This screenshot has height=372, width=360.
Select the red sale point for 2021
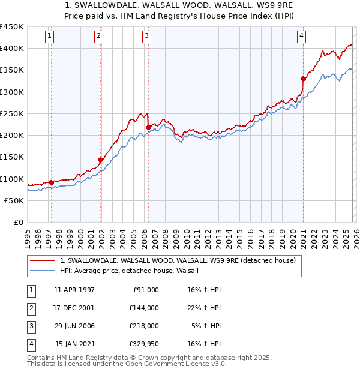pyautogui.click(x=303, y=78)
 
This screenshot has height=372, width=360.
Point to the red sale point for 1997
pyautogui.click(x=51, y=182)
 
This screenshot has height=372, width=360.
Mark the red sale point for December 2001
pyautogui.click(x=100, y=160)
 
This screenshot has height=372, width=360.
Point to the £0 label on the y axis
pyautogui.click(x=19, y=222)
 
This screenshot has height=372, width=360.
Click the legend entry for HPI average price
pyautogui.click(x=133, y=271)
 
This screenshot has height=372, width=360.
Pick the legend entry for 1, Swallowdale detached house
pyautogui.click(x=178, y=260)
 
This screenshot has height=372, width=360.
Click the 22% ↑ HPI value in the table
pyautogui.click(x=205, y=308)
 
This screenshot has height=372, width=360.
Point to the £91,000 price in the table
pyautogui.click(x=144, y=290)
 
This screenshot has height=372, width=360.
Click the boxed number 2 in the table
pyautogui.click(x=29, y=308)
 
